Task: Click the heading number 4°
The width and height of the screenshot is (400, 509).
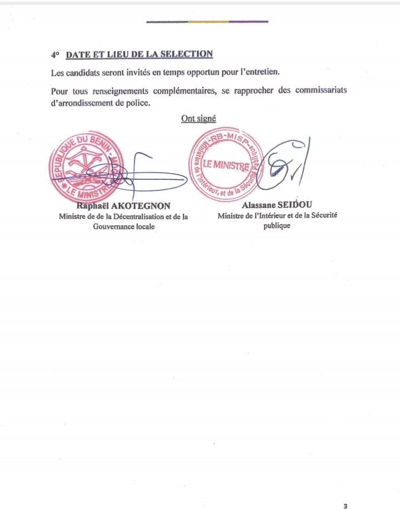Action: pyautogui.click(x=54, y=55)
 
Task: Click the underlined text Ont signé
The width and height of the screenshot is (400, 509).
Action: pyautogui.click(x=198, y=118)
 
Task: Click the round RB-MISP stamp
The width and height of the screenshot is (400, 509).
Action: pyautogui.click(x=224, y=164)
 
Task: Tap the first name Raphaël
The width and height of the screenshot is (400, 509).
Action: pyautogui.click(x=92, y=206)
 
